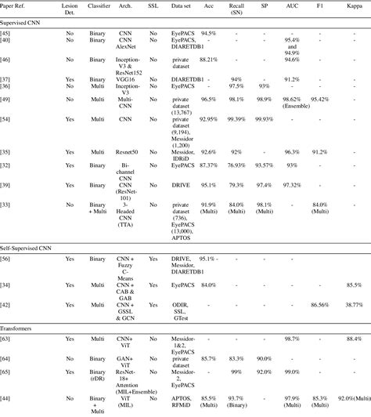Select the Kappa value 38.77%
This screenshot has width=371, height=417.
(x=354, y=303)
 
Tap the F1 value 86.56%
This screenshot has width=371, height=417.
(x=322, y=303)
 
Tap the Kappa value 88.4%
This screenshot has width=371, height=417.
(x=354, y=338)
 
